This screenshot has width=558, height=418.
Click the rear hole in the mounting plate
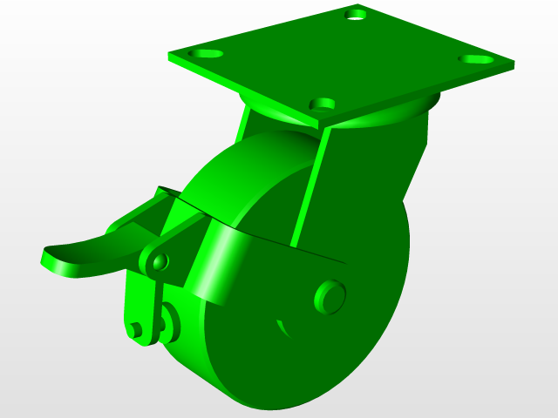(x=356, y=15)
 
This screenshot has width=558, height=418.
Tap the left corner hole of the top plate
(x=208, y=54)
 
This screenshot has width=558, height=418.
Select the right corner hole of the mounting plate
(x=475, y=59)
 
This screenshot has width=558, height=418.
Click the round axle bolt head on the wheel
(x=330, y=296)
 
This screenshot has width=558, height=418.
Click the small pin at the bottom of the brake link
(x=137, y=329)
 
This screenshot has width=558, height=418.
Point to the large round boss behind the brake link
(x=169, y=320)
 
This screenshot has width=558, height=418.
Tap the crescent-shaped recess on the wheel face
(x=283, y=328)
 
